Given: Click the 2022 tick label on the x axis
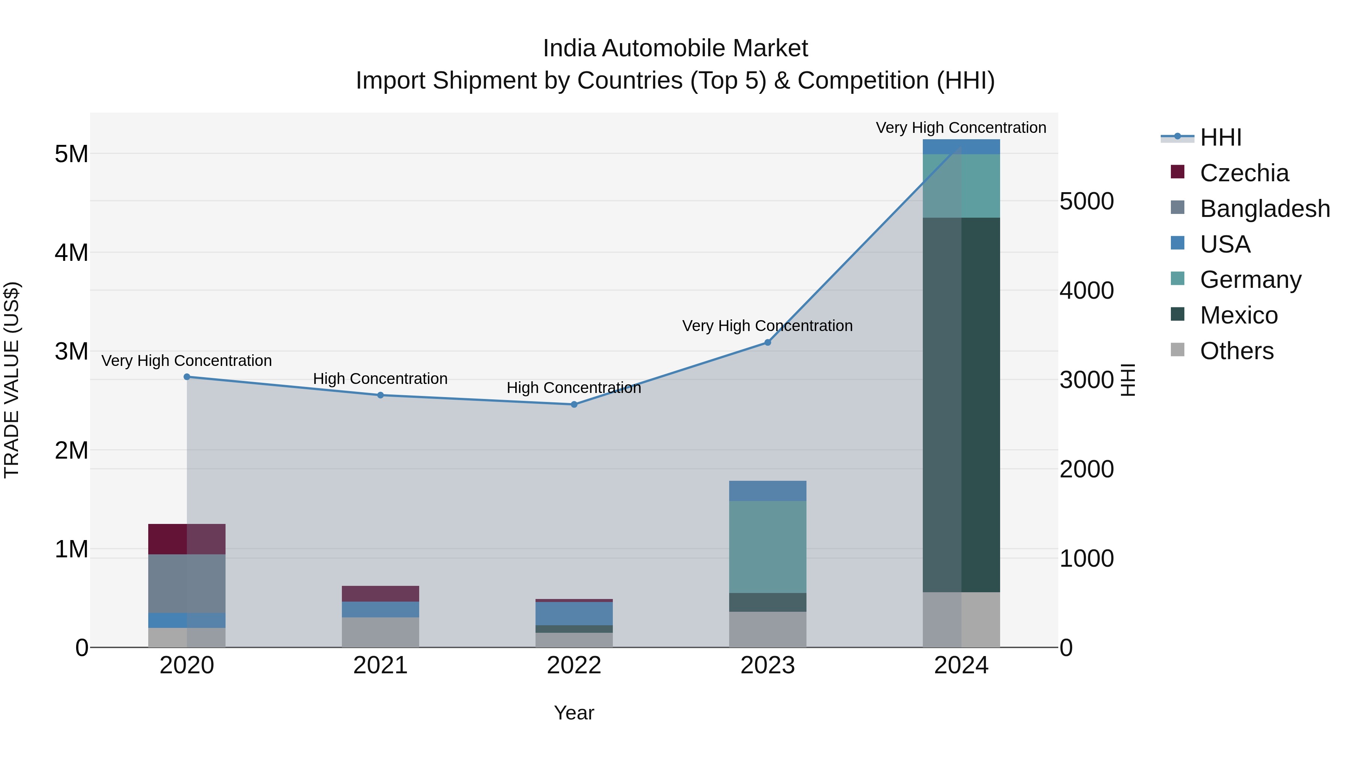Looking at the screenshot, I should [x=574, y=665].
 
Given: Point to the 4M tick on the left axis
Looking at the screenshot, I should [x=71, y=253].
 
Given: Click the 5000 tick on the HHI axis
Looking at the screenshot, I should [x=1086, y=202].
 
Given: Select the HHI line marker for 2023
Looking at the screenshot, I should [x=767, y=343].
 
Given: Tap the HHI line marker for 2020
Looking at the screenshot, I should [x=187, y=376].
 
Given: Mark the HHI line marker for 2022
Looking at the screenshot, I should [x=574, y=404].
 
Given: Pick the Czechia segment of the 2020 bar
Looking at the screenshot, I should [x=187, y=539].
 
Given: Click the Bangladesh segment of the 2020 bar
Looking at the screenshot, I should [x=187, y=583].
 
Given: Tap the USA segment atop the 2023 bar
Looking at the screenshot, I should [x=767, y=491].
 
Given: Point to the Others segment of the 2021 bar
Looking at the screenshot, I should [x=380, y=632].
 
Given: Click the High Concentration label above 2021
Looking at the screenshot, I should [x=380, y=379].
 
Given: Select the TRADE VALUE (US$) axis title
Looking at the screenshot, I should [x=12, y=380].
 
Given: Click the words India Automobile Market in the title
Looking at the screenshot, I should [x=675, y=48].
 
